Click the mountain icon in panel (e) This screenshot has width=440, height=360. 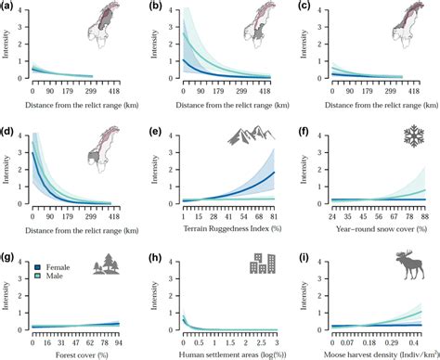point(252,137)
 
